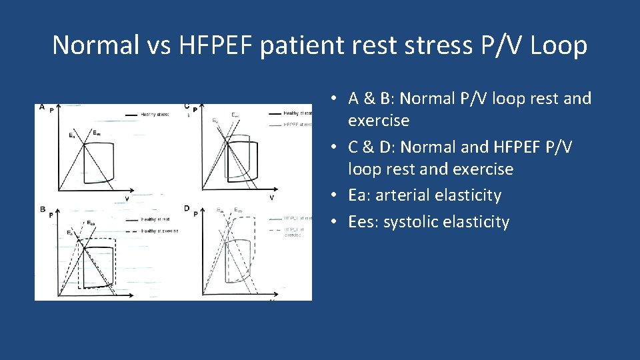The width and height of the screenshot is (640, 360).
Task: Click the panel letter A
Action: (x=41, y=107)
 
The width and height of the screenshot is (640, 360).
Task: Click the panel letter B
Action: (x=41, y=209)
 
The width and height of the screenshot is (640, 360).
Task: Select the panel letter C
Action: (x=187, y=105)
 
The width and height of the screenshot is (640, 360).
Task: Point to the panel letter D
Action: (x=187, y=208)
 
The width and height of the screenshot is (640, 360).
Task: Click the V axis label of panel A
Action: (x=127, y=198)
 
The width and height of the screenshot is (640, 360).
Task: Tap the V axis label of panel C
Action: (x=272, y=197)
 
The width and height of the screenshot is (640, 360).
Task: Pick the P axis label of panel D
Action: (x=195, y=214)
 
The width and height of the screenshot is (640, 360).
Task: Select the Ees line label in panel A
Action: (x=97, y=132)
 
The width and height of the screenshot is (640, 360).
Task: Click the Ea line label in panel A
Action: (x=72, y=135)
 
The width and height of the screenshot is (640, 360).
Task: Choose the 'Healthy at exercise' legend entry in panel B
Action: (x=159, y=231)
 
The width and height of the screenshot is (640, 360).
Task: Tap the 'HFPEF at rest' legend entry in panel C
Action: (x=297, y=124)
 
